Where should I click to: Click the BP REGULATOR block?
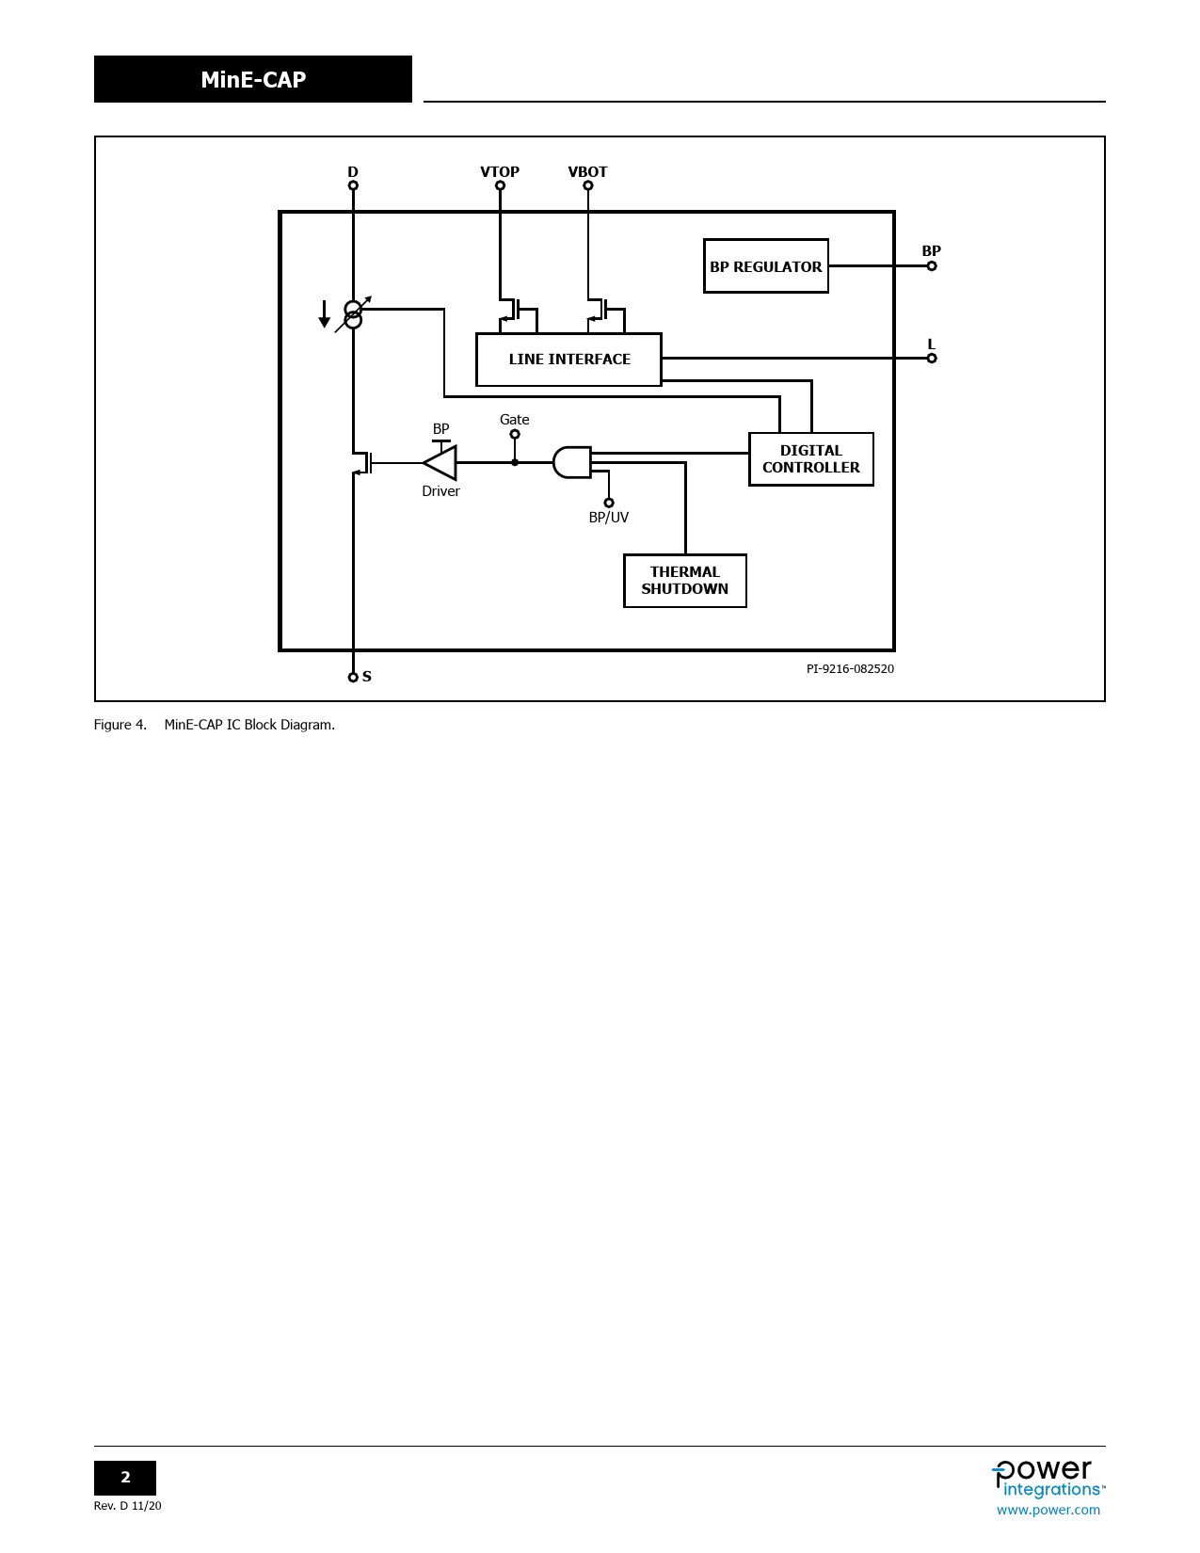[765, 266]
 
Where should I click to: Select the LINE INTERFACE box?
[568, 360]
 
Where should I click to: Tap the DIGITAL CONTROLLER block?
[810, 459]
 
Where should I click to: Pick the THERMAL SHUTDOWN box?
[684, 581]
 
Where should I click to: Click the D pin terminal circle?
[353, 185]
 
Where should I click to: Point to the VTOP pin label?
[500, 171]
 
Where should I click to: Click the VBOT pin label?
[587, 171]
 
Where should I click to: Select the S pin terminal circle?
[353, 677]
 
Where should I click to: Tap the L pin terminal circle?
[932, 359]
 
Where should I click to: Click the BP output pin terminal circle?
[932, 266]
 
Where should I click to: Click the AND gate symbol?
[571, 462]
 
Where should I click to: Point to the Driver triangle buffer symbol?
[440, 463]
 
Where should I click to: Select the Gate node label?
[514, 420]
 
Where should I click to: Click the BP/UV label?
[608, 518]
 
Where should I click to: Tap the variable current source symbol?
[353, 314]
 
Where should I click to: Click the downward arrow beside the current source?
[325, 314]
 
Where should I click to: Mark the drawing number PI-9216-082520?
[850, 669]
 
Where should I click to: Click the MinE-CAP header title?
[253, 80]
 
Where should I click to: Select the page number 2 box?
[125, 1478]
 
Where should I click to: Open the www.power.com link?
[1048, 1510]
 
